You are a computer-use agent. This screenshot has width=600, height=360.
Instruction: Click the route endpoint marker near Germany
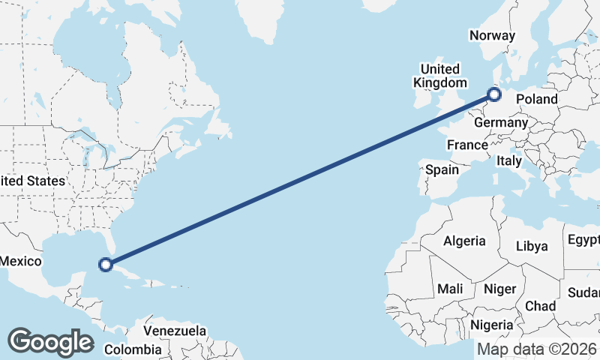[493, 94]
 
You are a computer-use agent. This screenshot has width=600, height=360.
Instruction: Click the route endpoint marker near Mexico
[106, 264]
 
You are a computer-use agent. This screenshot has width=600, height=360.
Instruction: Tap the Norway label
[492, 35]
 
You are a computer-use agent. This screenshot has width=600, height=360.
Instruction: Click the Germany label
[502, 123]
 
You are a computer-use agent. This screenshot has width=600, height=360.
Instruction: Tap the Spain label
[442, 169]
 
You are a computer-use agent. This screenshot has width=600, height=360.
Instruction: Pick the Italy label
[509, 160]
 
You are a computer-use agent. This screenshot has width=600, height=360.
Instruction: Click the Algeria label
[464, 241]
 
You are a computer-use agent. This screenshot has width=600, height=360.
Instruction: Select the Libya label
[532, 246]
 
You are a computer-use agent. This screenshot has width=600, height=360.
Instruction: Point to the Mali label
[451, 289]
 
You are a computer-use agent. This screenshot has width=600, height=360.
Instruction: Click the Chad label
[541, 306]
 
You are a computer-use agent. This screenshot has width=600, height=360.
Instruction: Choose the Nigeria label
[492, 325]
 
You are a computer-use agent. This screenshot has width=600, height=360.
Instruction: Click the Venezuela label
[175, 330]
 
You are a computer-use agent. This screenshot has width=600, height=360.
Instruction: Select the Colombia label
[133, 349]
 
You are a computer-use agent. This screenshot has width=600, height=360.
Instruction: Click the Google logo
[50, 342]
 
